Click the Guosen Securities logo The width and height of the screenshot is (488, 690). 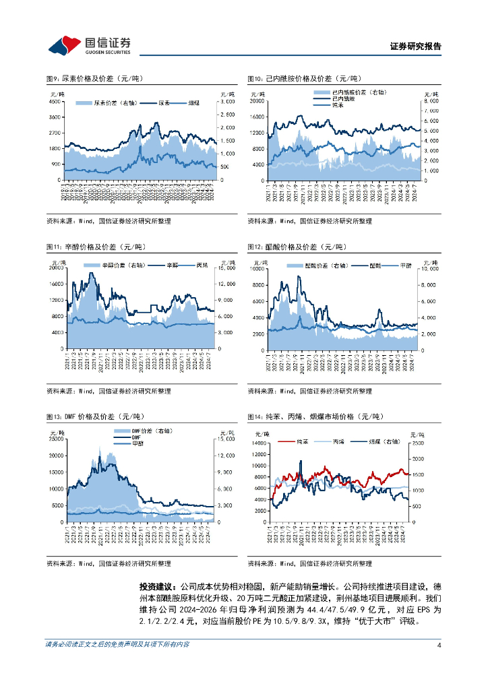point(90,45)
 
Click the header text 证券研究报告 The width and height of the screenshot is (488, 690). point(416,46)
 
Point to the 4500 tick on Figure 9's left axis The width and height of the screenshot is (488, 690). point(55,102)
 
